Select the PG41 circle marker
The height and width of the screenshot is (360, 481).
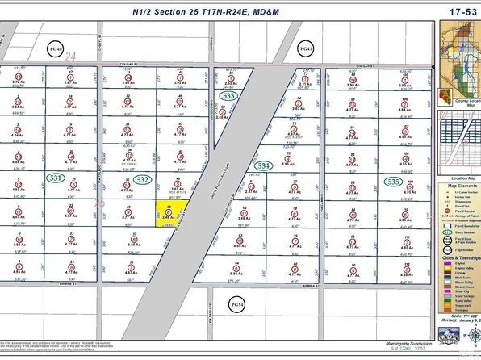304,48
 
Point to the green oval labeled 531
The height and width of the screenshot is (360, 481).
56,177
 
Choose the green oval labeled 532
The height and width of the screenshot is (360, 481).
143,178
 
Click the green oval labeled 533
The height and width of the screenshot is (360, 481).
231,96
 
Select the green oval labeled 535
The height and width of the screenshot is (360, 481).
394,182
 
